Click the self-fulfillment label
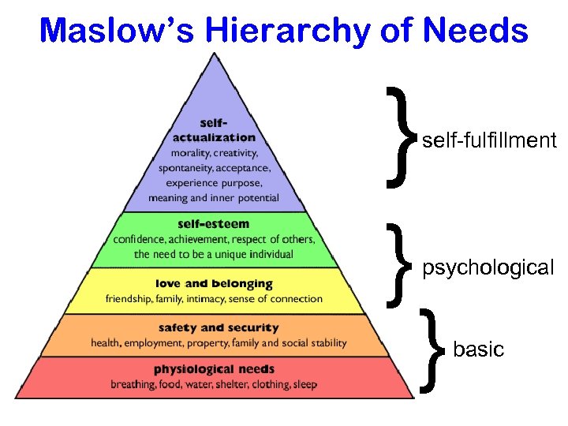[x=489, y=141]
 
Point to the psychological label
[x=488, y=267]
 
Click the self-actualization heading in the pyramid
[x=214, y=130]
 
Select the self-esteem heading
[x=214, y=224]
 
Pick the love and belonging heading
[x=214, y=283]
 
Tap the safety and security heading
[x=219, y=327]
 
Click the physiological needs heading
[x=214, y=369]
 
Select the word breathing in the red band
[x=132, y=385]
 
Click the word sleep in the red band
[x=304, y=385]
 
